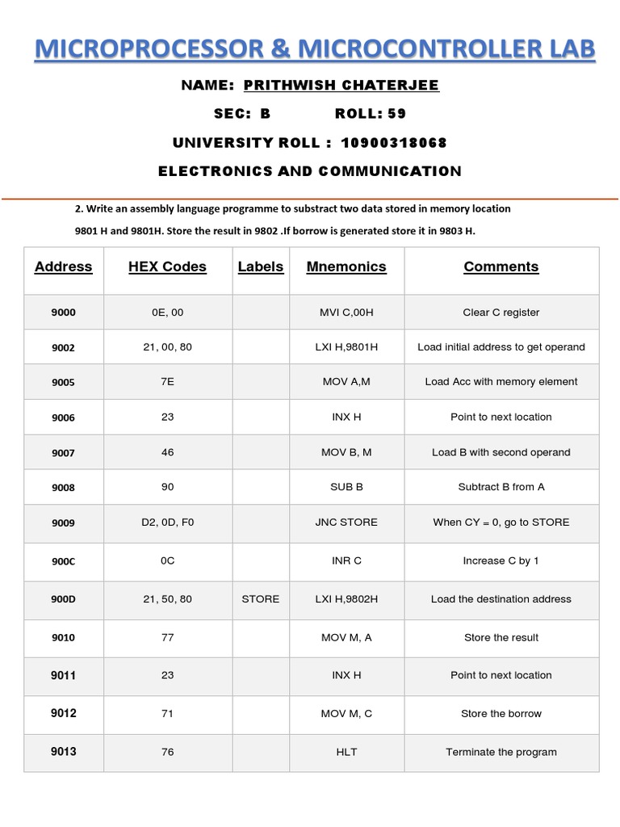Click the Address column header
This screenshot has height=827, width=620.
point(63,267)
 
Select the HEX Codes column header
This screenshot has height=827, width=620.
point(167,267)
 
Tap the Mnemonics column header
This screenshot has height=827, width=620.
point(346,267)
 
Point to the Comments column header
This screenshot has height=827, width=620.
point(501,267)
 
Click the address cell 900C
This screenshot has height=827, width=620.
point(63,561)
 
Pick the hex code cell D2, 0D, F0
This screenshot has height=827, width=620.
point(167,523)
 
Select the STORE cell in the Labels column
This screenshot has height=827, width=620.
point(260,599)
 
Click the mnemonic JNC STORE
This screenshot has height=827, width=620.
point(346,523)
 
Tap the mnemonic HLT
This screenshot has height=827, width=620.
point(346,752)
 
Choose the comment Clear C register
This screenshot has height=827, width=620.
point(501,313)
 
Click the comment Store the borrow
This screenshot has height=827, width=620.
point(501,714)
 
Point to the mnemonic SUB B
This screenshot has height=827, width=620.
point(346,487)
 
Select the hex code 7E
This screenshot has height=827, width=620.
point(167,382)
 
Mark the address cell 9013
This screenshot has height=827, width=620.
point(63,752)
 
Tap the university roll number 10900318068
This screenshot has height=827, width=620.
point(394,143)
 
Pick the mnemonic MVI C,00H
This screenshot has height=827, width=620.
point(346,313)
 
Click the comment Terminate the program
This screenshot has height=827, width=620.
point(501,752)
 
